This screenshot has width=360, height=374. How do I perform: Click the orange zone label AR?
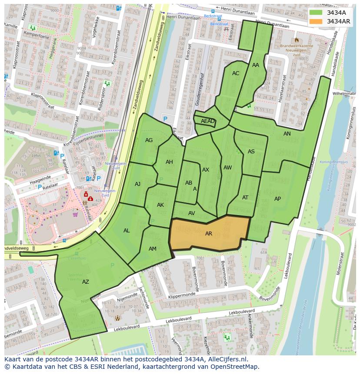point(209,234)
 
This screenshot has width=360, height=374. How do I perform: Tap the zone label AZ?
point(86,282)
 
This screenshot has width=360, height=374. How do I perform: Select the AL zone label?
point(127,231)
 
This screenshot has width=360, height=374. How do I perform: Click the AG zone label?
point(149,140)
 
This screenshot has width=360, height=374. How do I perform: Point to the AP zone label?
point(278,199)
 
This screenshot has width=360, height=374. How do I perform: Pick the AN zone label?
point(287,134)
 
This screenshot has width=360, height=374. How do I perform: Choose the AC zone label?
point(236,73)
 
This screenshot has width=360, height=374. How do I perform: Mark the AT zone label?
point(245,198)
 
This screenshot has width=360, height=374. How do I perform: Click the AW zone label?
point(227,168)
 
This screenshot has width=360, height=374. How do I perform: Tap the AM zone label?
point(153,249)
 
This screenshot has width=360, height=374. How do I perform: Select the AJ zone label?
point(137,184)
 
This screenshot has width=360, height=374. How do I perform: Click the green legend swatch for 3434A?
point(316,13)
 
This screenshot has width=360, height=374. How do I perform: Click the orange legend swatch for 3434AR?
point(316,21)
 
